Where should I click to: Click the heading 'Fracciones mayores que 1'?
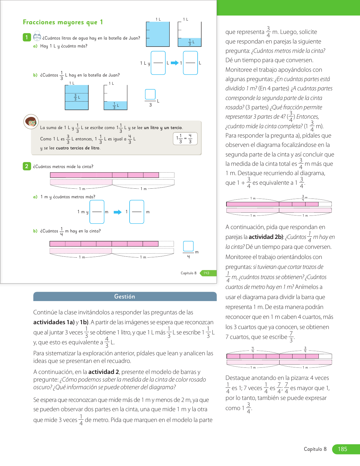click(63, 22)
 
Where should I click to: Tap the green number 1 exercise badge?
click(27, 37)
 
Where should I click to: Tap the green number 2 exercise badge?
click(27, 166)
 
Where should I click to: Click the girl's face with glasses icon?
click(31, 122)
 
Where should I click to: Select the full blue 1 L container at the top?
click(158, 34)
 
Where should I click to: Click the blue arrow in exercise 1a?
click(175, 63)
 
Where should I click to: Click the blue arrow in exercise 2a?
click(117, 212)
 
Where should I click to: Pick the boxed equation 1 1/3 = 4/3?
click(185, 139)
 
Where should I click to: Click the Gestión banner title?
click(125, 297)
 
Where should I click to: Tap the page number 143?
click(206, 273)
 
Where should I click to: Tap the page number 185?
click(342, 449)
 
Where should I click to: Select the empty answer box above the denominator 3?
click(150, 94)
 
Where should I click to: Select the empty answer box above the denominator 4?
click(188, 246)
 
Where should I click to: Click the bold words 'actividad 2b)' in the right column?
click(266, 237)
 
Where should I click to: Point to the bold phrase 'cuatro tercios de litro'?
click(78, 148)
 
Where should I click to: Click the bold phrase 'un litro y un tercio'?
click(163, 128)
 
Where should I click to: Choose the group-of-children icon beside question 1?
click(37, 37)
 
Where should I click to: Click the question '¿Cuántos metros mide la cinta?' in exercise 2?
click(63, 167)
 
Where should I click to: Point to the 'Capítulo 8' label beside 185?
click(315, 449)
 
